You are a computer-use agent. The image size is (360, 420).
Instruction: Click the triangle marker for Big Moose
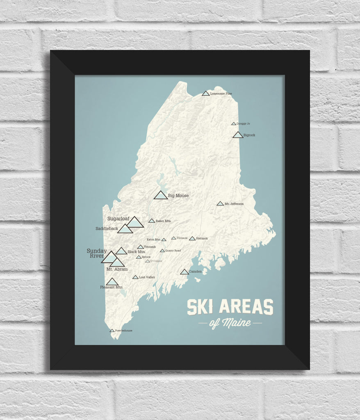pos(160,195)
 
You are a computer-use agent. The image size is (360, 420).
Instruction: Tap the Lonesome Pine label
pos(221,94)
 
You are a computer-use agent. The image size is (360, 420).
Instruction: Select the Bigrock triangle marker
pos(238,135)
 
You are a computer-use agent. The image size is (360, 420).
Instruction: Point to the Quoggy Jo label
pos(243,123)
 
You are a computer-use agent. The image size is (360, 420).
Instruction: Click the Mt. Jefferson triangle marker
pos(220,203)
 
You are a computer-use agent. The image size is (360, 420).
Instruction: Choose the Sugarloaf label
pos(118,219)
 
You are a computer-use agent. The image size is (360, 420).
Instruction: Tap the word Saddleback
pos(107,228)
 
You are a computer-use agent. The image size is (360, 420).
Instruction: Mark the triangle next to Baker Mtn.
pos(152,221)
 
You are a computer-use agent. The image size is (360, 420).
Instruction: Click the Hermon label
pos(202,238)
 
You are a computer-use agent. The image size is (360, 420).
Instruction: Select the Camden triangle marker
pos(185,272)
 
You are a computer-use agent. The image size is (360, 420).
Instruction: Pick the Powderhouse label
pos(124,331)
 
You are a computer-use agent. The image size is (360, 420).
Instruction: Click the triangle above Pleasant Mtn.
pos(112,282)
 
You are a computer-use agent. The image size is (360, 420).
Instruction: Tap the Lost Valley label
pos(147,277)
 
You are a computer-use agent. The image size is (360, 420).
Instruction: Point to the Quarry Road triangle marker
pos(162,251)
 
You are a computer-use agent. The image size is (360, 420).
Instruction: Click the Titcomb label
pos(150,247)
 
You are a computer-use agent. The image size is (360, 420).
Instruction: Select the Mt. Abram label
pos(117,269)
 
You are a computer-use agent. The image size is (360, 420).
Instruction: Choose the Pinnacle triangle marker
pos(174,238)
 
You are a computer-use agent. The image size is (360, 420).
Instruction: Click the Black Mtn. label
pos(137,252)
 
